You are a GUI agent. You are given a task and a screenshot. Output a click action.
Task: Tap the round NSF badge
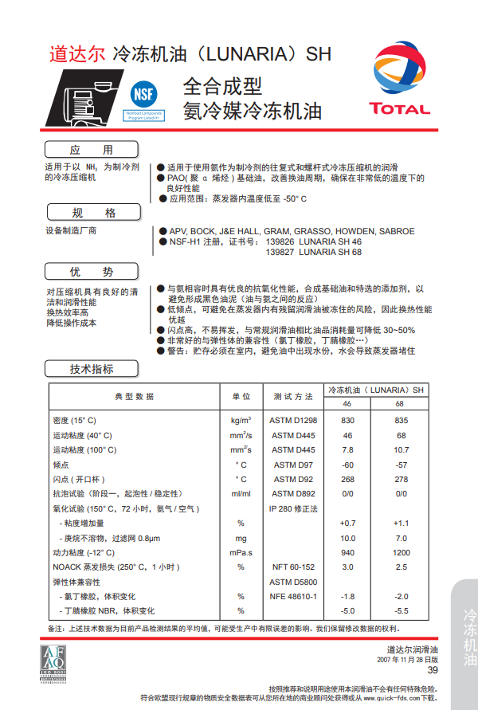143,93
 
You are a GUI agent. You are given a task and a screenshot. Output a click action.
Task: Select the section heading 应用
92,150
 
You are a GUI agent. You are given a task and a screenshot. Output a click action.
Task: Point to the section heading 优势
92,271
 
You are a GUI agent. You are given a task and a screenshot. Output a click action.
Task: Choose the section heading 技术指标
92,369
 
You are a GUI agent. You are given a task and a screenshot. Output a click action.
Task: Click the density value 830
347,420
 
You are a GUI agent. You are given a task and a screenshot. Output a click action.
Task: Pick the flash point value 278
402,479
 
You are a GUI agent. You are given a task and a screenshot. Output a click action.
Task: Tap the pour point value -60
347,465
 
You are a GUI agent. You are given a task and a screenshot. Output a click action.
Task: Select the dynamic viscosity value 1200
402,552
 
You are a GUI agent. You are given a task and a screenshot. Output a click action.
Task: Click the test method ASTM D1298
293,420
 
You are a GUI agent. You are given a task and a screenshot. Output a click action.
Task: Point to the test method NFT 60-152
293,567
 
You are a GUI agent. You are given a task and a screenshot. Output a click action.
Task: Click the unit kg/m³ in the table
241,420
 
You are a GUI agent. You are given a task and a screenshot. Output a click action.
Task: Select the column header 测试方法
293,396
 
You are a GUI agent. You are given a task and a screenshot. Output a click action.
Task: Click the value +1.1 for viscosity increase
402,523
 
